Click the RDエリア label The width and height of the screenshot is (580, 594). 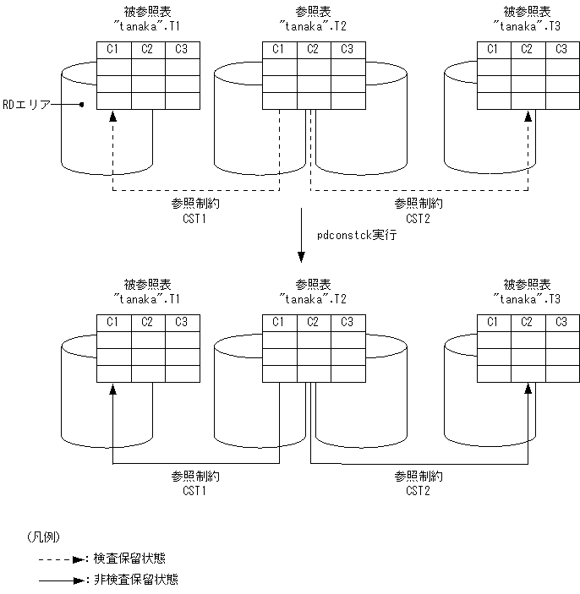(27, 105)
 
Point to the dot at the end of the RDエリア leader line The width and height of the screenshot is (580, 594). (81, 105)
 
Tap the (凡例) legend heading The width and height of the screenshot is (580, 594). (42, 537)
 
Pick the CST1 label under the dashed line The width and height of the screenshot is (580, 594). (194, 217)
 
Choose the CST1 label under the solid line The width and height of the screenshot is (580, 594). (194, 489)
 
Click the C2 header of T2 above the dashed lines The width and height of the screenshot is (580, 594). (313, 49)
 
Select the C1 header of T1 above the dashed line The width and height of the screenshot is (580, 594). (113, 49)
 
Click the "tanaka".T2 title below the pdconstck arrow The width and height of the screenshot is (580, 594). (313, 299)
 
